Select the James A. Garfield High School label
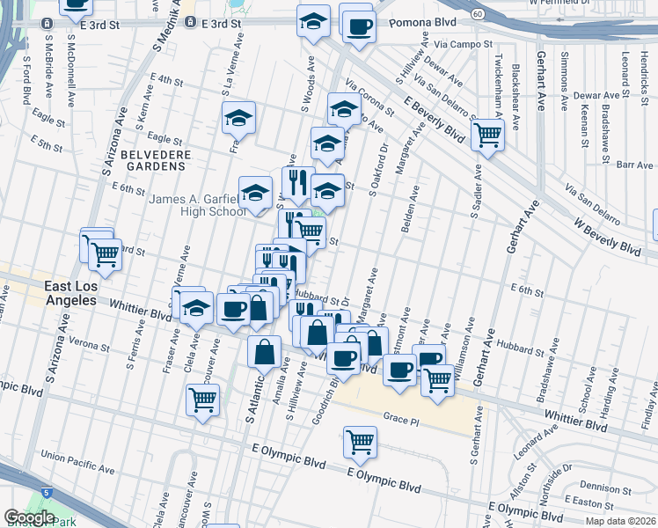point(198,205)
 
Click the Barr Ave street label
point(634,164)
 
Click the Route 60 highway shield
point(476,14)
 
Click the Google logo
point(29,517)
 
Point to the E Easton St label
point(589,501)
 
